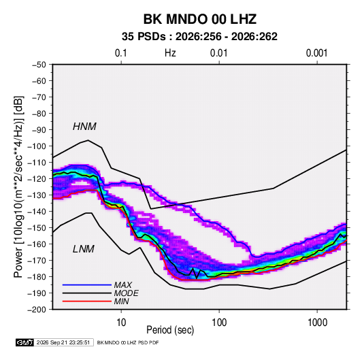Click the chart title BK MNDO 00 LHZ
click(x=200, y=19)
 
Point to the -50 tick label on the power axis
click(x=39, y=65)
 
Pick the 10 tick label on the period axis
click(x=121, y=323)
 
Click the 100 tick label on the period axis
click(x=219, y=323)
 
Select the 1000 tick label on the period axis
click(x=317, y=323)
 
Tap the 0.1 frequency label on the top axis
click(x=121, y=53)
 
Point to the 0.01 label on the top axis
click(x=218, y=53)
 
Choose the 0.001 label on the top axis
click(x=316, y=53)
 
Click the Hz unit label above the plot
click(x=170, y=53)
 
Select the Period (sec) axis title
click(x=170, y=330)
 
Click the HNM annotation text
click(x=84, y=127)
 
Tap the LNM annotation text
click(x=84, y=249)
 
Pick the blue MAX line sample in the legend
click(x=87, y=284)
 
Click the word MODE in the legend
click(x=127, y=293)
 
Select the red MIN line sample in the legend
click(x=87, y=301)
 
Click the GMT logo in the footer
click(x=25, y=342)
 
